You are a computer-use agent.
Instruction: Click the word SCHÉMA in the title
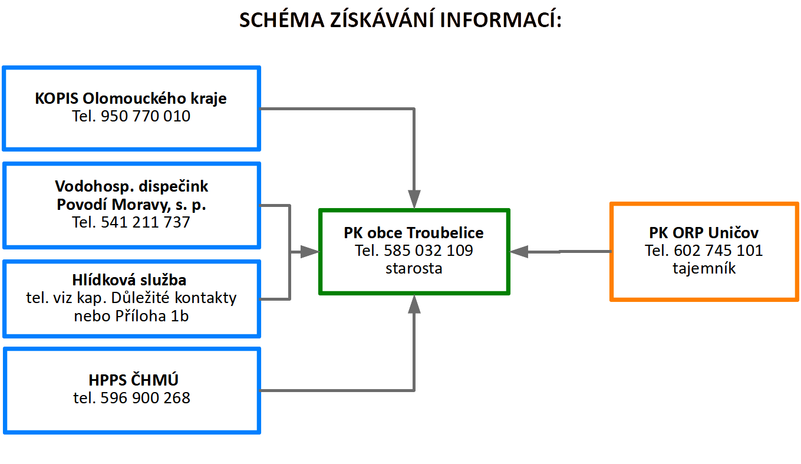(x=282, y=19)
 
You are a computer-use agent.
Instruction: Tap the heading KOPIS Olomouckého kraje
(x=131, y=98)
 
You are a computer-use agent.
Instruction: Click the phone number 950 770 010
(x=146, y=116)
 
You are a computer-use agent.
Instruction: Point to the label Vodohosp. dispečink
(x=131, y=186)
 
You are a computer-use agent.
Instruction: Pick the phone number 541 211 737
(x=146, y=222)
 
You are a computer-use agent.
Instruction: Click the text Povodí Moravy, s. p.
(x=131, y=205)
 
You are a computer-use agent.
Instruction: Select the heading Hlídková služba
(x=129, y=280)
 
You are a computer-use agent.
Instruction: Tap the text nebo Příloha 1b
(x=131, y=316)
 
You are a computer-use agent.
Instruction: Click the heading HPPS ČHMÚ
(x=133, y=380)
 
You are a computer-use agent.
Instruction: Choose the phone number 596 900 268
(x=145, y=398)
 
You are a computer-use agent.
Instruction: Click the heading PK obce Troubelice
(x=414, y=233)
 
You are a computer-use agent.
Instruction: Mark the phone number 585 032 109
(x=428, y=251)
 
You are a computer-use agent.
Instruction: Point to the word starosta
(x=414, y=268)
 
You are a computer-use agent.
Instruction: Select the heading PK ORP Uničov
(x=704, y=233)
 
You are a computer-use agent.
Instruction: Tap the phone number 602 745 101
(x=718, y=251)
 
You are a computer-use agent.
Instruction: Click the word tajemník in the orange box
(x=704, y=268)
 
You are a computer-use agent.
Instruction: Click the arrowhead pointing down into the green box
(x=414, y=199)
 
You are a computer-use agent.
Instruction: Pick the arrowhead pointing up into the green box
(x=414, y=304)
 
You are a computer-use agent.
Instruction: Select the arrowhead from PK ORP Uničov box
(x=519, y=252)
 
